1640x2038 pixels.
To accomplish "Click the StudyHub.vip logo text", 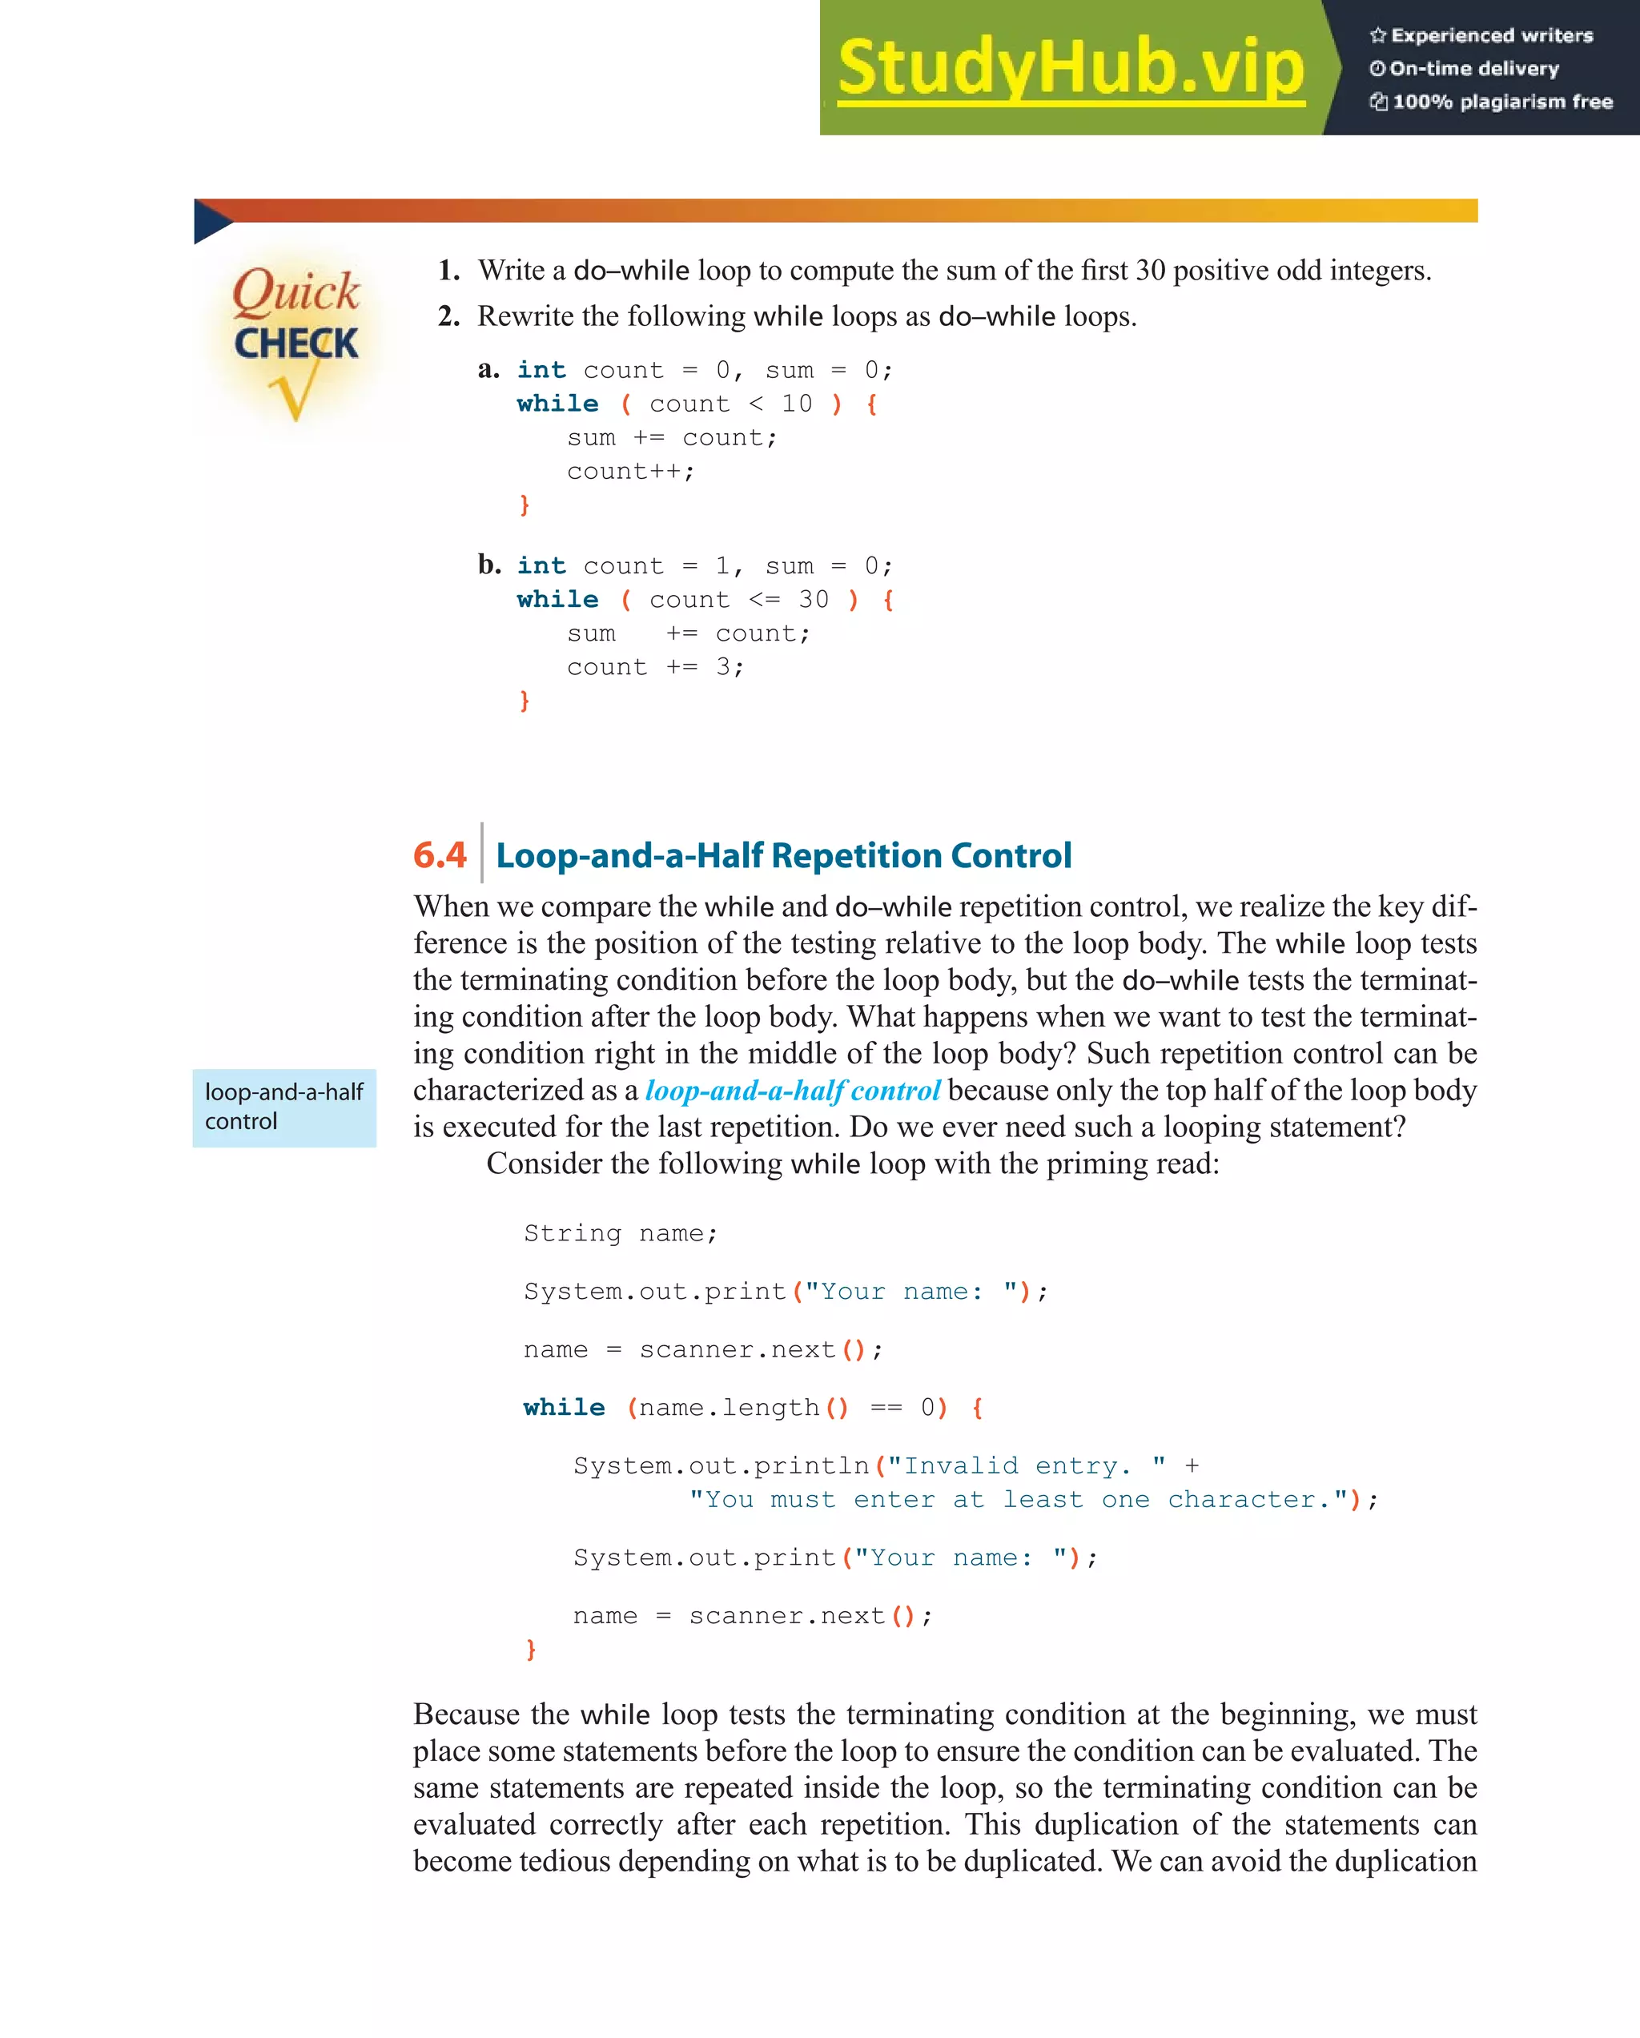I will click(1070, 68).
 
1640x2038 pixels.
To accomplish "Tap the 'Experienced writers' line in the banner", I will click(1481, 36).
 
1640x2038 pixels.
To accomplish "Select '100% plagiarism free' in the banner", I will click(1492, 102).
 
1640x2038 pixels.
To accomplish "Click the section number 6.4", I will click(440, 855).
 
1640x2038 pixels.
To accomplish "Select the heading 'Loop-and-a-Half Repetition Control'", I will click(784, 855).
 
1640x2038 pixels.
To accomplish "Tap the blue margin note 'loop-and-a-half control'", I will click(283, 1107).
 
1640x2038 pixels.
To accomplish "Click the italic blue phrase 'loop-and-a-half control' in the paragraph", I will click(792, 1091).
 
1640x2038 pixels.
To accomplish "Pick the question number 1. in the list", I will click(449, 271).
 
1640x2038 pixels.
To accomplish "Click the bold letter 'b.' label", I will click(488, 565).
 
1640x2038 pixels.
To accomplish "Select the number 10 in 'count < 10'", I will click(796, 404).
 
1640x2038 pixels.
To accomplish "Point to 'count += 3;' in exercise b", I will click(655, 667).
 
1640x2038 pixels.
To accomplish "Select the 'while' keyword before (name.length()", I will click(564, 1408).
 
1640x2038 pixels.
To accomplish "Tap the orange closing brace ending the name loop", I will click(530, 1650).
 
